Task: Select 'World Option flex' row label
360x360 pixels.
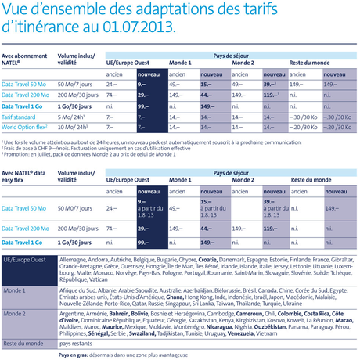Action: tap(24, 124)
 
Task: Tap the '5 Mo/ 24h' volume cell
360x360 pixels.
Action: tap(72, 115)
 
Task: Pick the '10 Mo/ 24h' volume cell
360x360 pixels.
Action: tap(74, 124)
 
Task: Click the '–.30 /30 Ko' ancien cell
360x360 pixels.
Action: tap(301, 115)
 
